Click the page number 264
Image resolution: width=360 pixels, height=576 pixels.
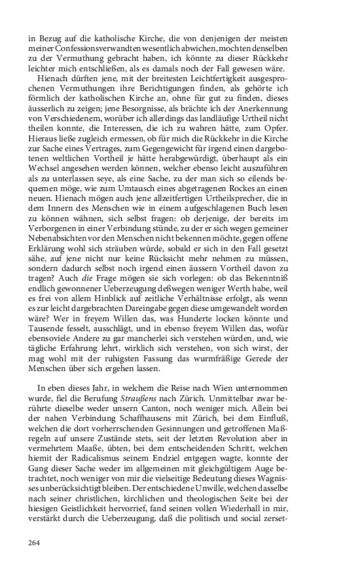[35, 542]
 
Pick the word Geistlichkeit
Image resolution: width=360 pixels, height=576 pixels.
[92, 511]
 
